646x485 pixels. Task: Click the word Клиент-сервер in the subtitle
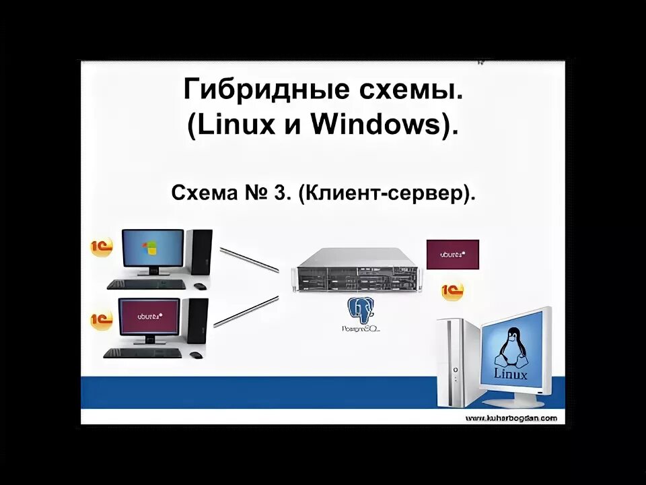(x=382, y=195)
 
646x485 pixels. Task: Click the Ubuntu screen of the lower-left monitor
(x=149, y=317)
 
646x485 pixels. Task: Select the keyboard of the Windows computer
(x=145, y=284)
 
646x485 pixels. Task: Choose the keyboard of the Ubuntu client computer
(x=143, y=353)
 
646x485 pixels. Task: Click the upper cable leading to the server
(x=249, y=259)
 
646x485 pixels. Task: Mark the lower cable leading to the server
(x=246, y=312)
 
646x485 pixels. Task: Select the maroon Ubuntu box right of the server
(x=452, y=255)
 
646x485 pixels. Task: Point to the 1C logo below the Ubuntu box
(x=452, y=291)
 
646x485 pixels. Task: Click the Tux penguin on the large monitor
(x=511, y=348)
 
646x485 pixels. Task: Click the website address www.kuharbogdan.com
(x=511, y=418)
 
